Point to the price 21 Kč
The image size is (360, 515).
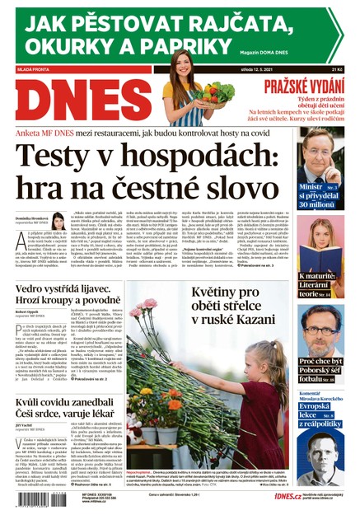point(334,70)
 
